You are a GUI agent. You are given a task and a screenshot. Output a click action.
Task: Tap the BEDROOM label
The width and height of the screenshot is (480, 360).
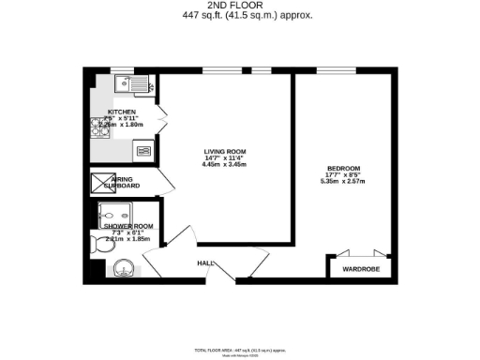coord(343,169)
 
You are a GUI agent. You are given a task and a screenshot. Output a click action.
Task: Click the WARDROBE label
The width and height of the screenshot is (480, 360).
coord(360,269)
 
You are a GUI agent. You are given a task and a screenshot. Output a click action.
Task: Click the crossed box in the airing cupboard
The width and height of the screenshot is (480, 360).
coord(100,182)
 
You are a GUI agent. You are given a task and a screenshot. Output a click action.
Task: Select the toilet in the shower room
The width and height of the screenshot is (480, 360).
coord(101,246)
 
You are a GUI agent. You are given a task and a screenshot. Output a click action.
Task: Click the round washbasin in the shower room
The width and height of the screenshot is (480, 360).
coord(122,271)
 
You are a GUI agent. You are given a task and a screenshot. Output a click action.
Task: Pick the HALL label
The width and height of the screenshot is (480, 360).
coord(203,263)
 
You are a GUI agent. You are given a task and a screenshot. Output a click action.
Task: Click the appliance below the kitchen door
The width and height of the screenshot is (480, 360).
coord(143,148)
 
